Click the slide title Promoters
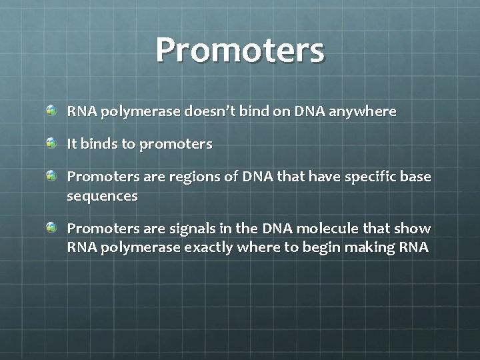[240, 50]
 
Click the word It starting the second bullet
[72, 144]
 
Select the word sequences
[102, 197]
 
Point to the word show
[414, 229]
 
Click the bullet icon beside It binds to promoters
[52, 143]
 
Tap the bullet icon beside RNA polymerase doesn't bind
[52, 110]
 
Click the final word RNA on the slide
[414, 248]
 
